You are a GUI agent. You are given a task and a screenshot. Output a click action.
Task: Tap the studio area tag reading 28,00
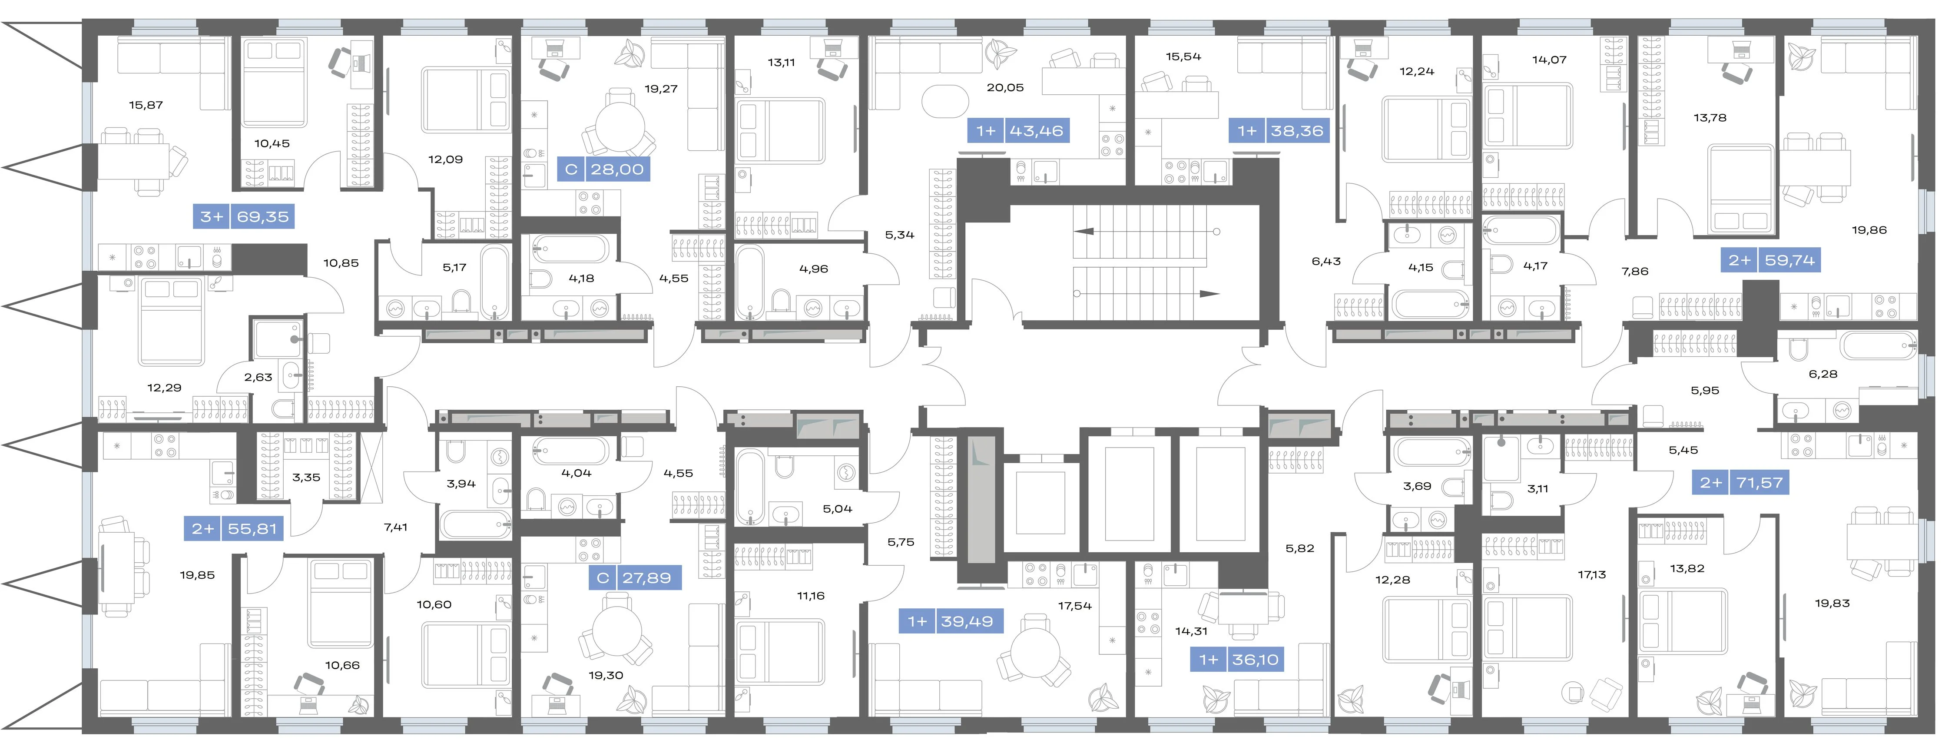click(x=604, y=169)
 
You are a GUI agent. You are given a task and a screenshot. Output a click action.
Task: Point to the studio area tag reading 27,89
click(x=634, y=577)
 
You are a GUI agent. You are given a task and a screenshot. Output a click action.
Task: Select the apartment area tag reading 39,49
click(x=951, y=621)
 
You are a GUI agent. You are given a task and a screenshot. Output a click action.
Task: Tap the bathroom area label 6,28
click(x=1823, y=374)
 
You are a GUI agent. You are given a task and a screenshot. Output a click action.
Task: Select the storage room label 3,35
click(x=306, y=478)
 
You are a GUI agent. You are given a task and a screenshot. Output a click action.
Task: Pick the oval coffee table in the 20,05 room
click(x=946, y=101)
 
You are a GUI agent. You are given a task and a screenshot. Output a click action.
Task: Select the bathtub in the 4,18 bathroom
click(x=570, y=249)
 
